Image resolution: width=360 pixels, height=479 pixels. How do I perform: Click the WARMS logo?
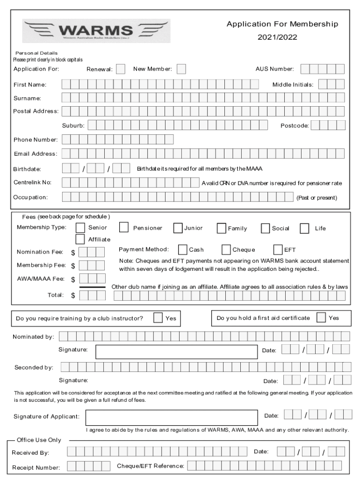pyautogui.click(x=96, y=31)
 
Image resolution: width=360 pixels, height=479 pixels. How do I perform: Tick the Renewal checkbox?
pyautogui.click(x=121, y=69)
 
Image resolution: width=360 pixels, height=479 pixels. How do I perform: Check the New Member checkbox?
pyautogui.click(x=181, y=69)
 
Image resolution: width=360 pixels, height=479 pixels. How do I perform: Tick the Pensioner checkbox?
pyautogui.click(x=124, y=228)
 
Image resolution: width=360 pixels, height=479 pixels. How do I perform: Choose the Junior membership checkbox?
pyautogui.click(x=178, y=228)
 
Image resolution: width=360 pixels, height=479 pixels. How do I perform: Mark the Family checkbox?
pyautogui.click(x=222, y=228)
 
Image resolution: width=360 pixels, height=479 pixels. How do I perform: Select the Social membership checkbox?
pyautogui.click(x=266, y=228)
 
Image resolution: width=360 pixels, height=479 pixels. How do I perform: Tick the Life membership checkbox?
pyautogui.click(x=305, y=228)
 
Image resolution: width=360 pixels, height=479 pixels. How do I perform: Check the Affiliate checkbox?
pyautogui.click(x=80, y=239)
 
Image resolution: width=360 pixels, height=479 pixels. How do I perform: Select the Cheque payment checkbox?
pyautogui.click(x=226, y=250)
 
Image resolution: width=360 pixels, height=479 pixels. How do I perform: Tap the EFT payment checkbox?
pyautogui.click(x=278, y=250)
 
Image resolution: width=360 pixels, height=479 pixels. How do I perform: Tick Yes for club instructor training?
pyautogui.click(x=158, y=318)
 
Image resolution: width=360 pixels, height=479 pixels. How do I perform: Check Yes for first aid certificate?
pyautogui.click(x=322, y=318)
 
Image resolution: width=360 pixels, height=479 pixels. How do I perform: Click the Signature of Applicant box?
pyautogui.click(x=172, y=417)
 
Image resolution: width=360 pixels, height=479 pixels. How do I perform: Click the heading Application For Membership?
pyautogui.click(x=282, y=24)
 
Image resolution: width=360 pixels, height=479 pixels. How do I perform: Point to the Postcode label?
pyautogui.click(x=295, y=126)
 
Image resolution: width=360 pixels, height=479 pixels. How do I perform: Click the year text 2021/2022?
pyautogui.click(x=277, y=37)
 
